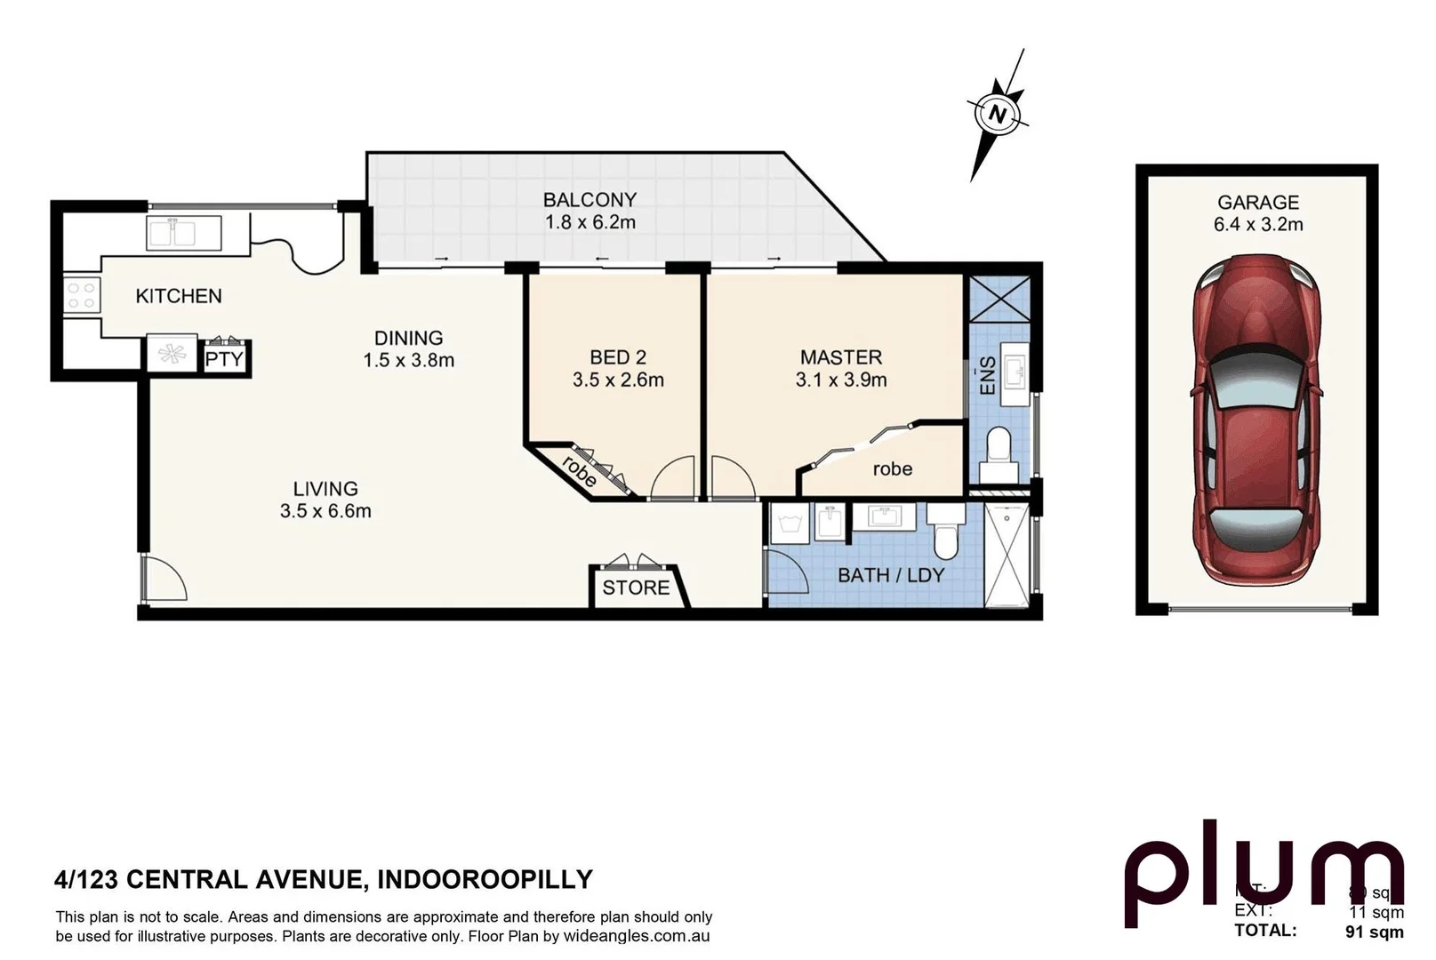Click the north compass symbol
pos(998,114)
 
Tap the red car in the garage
pos(1256,418)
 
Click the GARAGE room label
pos(1257,203)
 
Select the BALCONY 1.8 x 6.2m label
pos(590,211)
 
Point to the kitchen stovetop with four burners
pos(81,294)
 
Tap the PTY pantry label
pos(224,359)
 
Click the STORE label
pos(636,588)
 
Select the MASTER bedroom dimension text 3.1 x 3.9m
pos(840,380)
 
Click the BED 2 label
pos(617,357)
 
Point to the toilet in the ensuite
pos(999,447)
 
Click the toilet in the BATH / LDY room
pos(944,537)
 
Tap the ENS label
pos(987,376)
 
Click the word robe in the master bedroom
pos(892,468)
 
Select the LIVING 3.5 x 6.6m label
pos(325,500)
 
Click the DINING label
pos(408,338)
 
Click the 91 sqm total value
pos(1374,932)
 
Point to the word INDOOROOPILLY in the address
pos(485,879)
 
